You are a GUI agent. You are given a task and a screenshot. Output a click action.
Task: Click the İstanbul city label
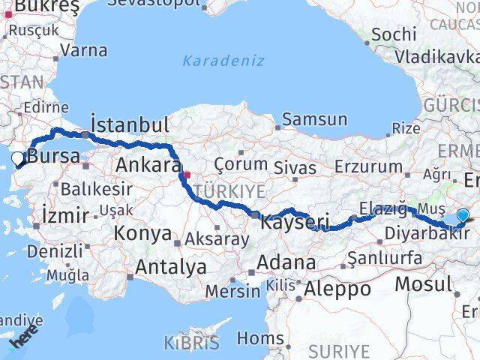[129, 124]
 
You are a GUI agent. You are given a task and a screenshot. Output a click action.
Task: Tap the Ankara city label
[148, 165]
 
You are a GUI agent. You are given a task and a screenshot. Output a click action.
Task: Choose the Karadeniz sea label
[223, 61]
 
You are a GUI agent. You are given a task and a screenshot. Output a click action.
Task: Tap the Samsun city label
[315, 119]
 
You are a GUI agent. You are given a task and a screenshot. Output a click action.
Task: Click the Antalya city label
[171, 267]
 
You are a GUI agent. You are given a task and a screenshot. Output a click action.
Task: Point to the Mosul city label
[424, 284]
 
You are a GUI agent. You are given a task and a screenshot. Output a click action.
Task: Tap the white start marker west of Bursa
[17, 158]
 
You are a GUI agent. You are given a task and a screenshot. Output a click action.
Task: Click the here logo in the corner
[25, 342]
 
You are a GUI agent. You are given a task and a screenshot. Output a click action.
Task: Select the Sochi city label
[394, 34]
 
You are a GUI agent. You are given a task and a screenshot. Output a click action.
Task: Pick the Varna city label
[83, 51]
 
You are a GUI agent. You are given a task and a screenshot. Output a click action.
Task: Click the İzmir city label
[65, 215]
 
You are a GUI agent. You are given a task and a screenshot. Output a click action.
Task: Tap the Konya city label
[142, 233]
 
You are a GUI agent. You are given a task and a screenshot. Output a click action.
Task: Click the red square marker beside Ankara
[187, 176]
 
